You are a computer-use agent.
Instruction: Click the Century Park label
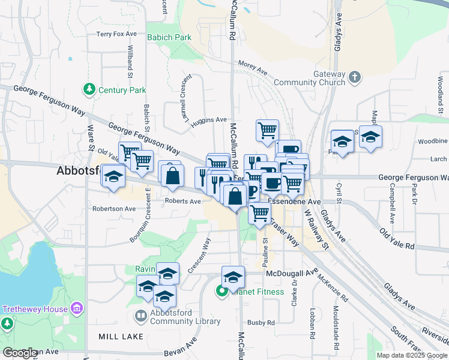tap(122, 90)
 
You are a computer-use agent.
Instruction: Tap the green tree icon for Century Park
tap(89, 89)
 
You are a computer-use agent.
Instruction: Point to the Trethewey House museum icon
tap(76, 308)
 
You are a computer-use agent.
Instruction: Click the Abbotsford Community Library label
tap(184, 317)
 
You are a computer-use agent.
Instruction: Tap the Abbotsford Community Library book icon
tap(140, 316)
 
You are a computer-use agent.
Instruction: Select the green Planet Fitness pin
tap(221, 292)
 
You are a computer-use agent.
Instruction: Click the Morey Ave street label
tap(252, 67)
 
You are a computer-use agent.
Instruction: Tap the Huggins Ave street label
tap(209, 121)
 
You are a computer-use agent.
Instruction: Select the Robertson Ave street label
tap(114, 209)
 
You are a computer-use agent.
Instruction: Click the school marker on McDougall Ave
tap(233, 277)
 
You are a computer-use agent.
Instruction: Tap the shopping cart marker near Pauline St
tap(259, 212)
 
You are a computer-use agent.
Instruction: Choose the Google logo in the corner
tap(20, 353)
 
